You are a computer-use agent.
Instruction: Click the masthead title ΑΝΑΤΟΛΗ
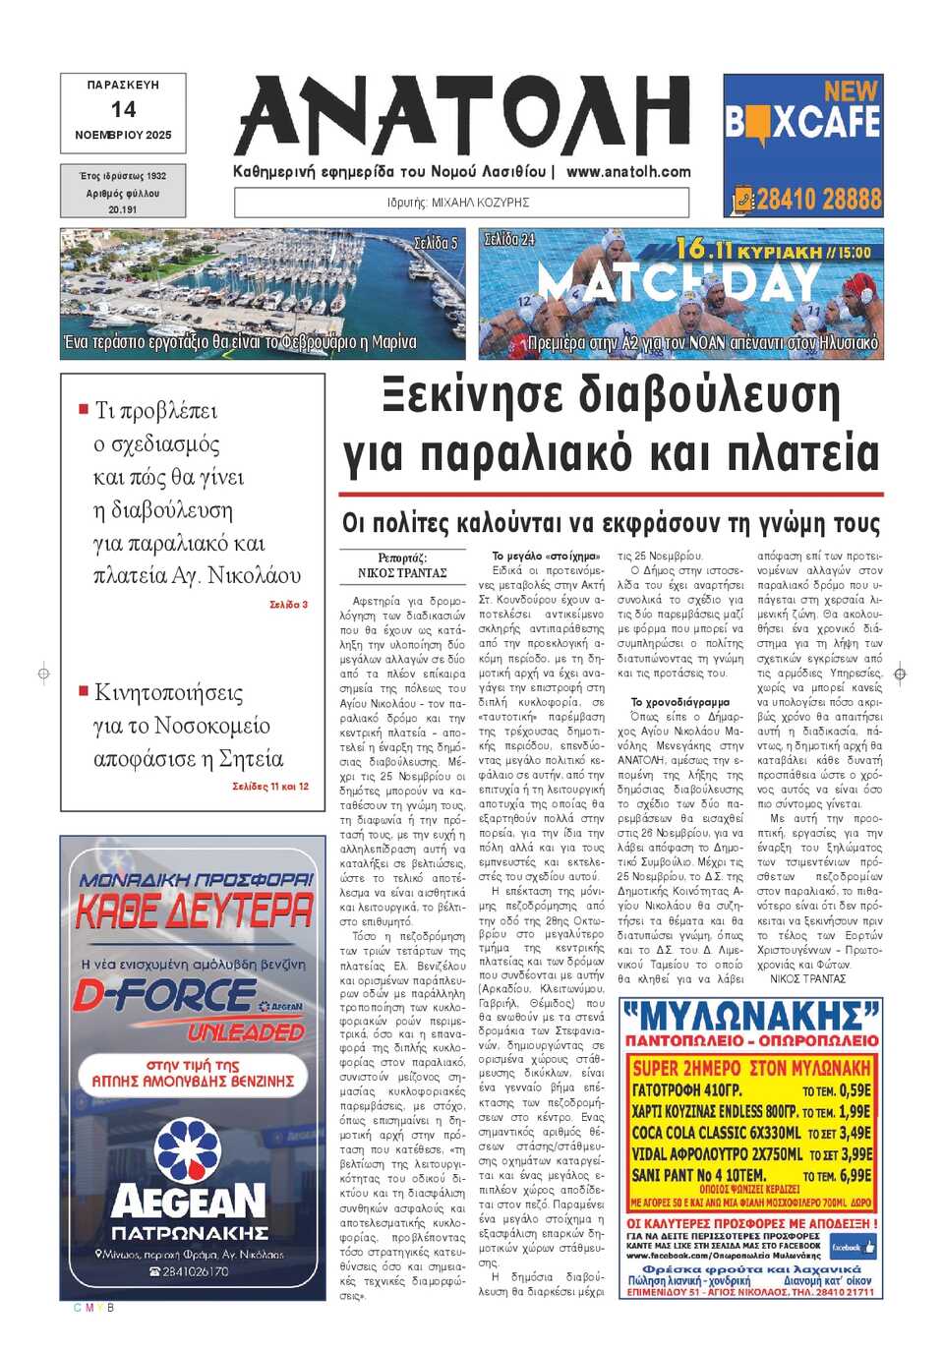pyautogui.click(x=462, y=116)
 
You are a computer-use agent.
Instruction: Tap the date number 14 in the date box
pyautogui.click(x=123, y=109)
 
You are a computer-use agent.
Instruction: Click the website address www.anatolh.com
pyautogui.click(x=628, y=171)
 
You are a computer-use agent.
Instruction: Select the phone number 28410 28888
pyautogui.click(x=818, y=200)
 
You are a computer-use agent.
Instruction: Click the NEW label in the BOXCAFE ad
pyautogui.click(x=851, y=91)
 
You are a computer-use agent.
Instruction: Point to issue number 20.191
pyautogui.click(x=123, y=209)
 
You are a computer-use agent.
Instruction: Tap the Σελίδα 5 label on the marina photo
pyautogui.click(x=435, y=242)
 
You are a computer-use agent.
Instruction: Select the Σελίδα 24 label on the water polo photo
pyautogui.click(x=509, y=239)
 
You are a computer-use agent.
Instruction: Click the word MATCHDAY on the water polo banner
pyautogui.click(x=678, y=284)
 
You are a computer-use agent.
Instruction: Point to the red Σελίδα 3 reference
pyautogui.click(x=288, y=605)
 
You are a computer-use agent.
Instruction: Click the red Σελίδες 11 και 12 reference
pyautogui.click(x=270, y=787)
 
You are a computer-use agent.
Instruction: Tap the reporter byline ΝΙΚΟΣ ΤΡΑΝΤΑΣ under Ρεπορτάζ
pyautogui.click(x=402, y=572)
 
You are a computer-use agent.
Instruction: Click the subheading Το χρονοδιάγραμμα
pyautogui.click(x=679, y=702)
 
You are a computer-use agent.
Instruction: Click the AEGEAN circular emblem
pyautogui.click(x=189, y=1149)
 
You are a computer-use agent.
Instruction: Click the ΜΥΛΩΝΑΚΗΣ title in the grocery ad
pyautogui.click(x=751, y=1016)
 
